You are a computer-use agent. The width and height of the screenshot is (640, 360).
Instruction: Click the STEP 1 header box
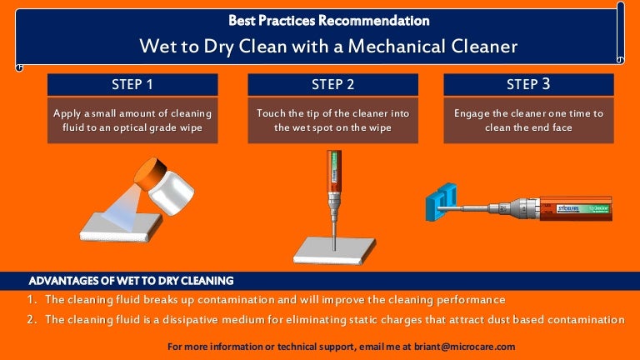pyautogui.click(x=132, y=84)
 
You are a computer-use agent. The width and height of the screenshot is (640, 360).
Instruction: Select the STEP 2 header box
pyautogui.click(x=332, y=84)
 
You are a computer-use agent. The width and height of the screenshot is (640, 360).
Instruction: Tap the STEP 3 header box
pyautogui.click(x=528, y=84)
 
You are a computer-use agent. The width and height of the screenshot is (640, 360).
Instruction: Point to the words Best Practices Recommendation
pyautogui.click(x=329, y=20)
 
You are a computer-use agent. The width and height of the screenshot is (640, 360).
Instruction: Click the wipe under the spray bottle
pyautogui.click(x=121, y=227)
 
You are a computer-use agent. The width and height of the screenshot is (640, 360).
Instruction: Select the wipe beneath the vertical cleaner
pyautogui.click(x=334, y=250)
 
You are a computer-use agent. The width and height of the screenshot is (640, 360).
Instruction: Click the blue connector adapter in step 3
pyautogui.click(x=441, y=202)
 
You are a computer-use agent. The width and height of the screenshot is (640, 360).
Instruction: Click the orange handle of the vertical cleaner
pyautogui.click(x=333, y=172)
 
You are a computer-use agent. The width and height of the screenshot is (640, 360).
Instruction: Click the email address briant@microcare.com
pyautogui.click(x=464, y=347)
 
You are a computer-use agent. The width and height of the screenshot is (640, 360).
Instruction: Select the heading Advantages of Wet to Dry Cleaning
pyautogui.click(x=131, y=281)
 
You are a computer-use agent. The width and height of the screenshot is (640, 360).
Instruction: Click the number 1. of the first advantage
pyautogui.click(x=32, y=300)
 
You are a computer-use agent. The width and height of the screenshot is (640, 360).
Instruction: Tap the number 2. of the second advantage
pyautogui.click(x=32, y=319)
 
